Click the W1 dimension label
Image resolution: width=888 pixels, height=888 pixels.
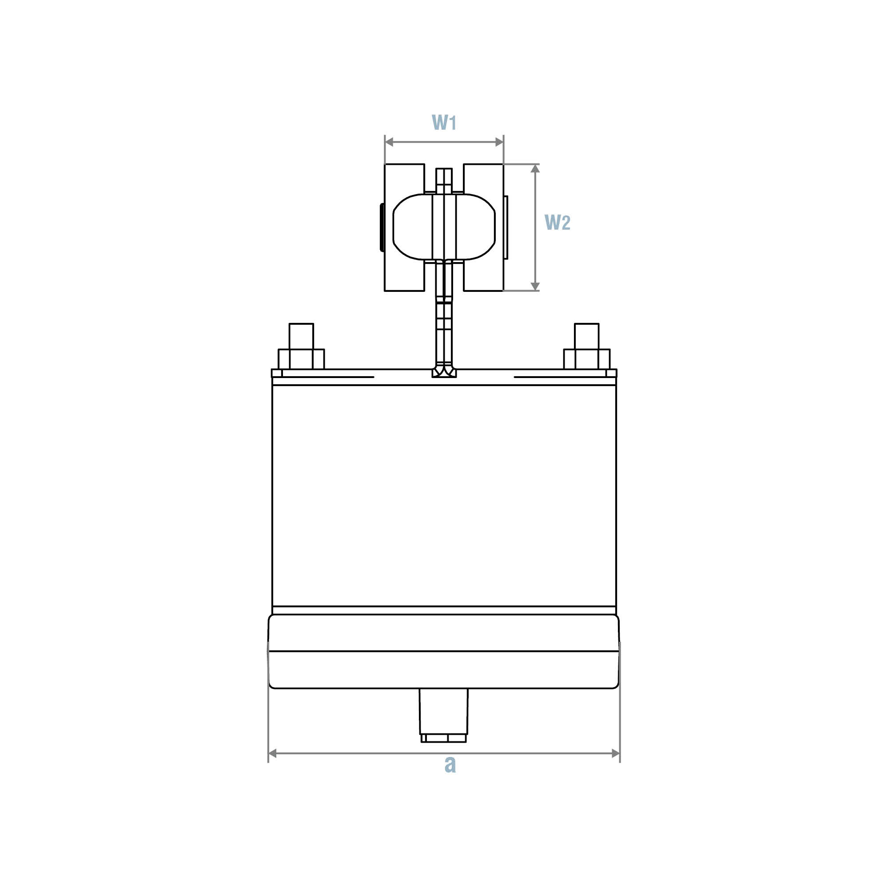click(444, 122)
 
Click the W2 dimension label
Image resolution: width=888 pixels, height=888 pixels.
click(557, 223)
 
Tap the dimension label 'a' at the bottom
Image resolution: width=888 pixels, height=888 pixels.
click(450, 764)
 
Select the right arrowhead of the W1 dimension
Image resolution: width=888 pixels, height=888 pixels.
click(499, 142)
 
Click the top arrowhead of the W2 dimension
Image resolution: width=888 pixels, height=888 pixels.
click(535, 168)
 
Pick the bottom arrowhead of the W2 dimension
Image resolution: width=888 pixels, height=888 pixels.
click(535, 287)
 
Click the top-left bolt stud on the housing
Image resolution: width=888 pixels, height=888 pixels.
click(301, 346)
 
